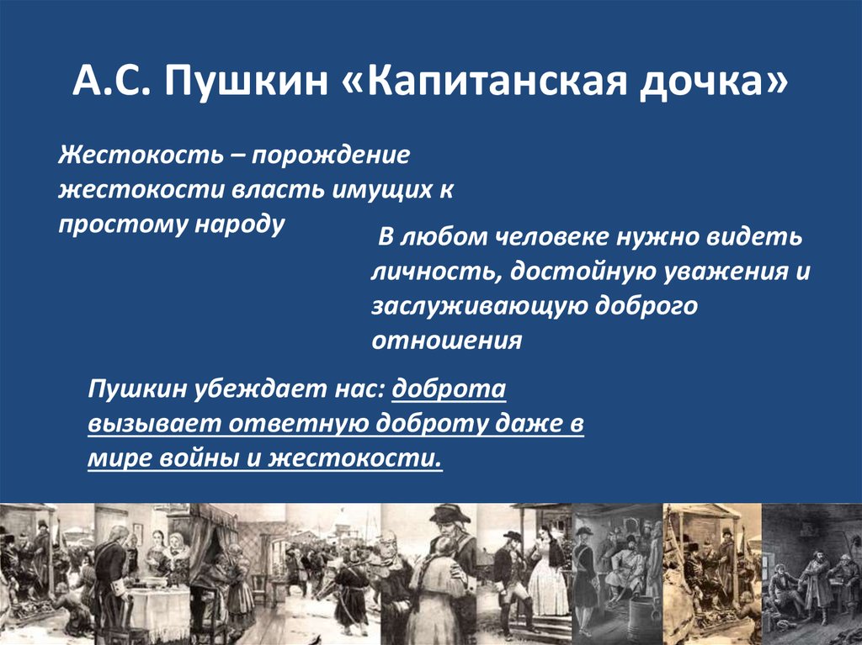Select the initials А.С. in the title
click(x=112, y=82)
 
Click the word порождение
click(x=331, y=156)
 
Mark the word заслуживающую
click(x=479, y=307)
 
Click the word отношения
click(x=446, y=341)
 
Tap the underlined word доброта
click(x=449, y=389)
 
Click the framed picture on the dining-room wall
click(x=138, y=534)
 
